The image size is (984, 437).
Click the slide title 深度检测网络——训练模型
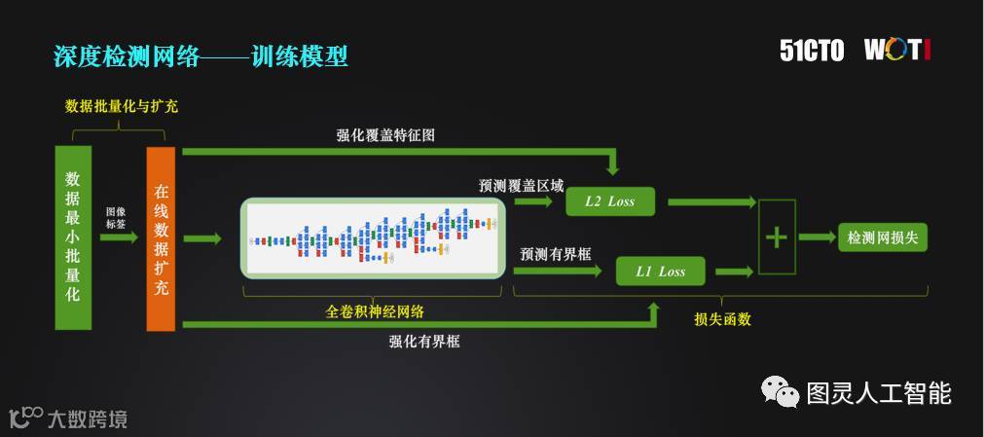click(200, 55)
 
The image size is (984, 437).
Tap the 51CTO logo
click(812, 51)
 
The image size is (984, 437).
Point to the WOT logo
click(896, 51)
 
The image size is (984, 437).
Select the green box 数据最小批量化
click(73, 237)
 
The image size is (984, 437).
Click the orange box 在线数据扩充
click(161, 237)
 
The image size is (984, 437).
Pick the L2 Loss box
click(609, 201)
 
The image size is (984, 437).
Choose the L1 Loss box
click(660, 272)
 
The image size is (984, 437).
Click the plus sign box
click(776, 237)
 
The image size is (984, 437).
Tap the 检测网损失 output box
click(883, 237)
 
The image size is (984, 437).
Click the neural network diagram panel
click(374, 237)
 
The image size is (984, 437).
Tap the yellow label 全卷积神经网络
click(374, 311)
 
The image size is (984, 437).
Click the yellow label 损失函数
click(722, 318)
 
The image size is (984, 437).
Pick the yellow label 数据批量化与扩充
click(122, 105)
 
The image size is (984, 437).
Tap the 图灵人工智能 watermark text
click(878, 393)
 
